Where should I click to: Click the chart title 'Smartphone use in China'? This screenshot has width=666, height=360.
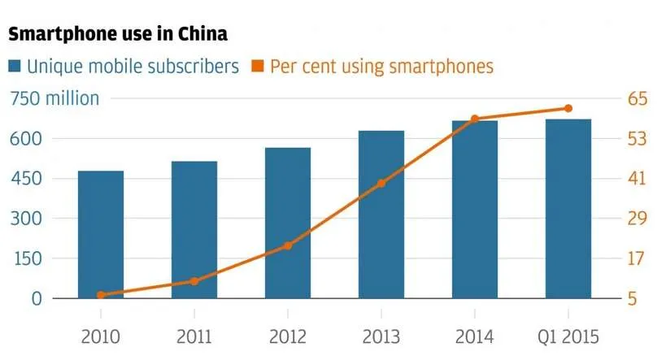[118, 34]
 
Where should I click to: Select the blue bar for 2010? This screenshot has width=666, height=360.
[101, 234]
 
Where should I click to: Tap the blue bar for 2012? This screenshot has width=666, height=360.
[288, 223]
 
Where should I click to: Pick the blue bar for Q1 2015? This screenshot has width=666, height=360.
[568, 209]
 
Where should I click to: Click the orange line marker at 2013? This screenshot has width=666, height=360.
[381, 184]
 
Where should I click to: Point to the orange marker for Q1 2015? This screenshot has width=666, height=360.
[568, 108]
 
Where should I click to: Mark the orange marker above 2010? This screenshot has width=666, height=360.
[101, 295]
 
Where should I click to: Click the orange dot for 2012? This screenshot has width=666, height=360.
[288, 245]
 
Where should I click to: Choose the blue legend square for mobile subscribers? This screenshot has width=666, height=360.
[15, 66]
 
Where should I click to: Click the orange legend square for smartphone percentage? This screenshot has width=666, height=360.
[258, 66]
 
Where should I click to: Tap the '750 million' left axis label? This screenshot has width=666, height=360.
[54, 98]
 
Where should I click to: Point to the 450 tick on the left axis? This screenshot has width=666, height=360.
[26, 178]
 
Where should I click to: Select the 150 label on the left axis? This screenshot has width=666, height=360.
[28, 258]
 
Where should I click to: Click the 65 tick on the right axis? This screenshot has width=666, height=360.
[638, 98]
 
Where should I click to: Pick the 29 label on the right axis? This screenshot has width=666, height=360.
[637, 219]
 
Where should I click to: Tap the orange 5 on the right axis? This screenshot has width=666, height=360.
[633, 298]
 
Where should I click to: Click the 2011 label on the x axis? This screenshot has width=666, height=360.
[194, 336]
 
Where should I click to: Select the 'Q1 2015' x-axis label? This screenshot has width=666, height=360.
[568, 336]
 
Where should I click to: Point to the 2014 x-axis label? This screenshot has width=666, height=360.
[474, 336]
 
